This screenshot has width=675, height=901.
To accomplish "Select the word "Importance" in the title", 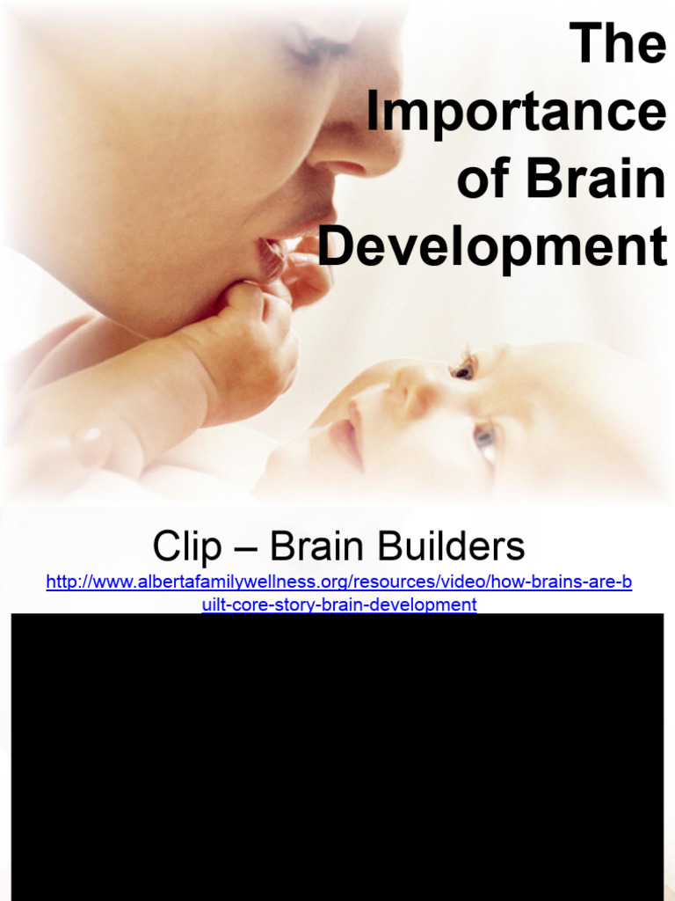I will point(516,112).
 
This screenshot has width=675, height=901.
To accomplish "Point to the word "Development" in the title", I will point(492,247).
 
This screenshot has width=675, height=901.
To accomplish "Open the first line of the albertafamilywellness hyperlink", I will point(338,582).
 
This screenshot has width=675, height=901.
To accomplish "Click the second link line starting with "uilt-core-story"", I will point(338,604).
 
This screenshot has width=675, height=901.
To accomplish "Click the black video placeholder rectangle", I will point(337,757).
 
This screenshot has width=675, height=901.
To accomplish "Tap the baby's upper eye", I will point(463,368).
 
